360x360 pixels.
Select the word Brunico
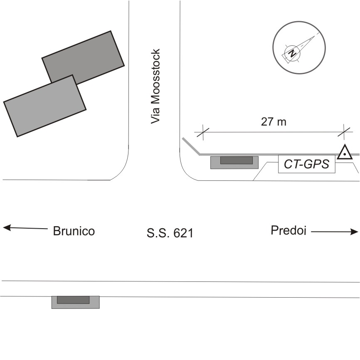pyautogui.click(x=74, y=231)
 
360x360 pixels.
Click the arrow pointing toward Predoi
pyautogui.click(x=335, y=232)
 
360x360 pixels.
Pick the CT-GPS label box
pyautogui.click(x=306, y=164)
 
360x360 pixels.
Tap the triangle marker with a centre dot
pyautogui.click(x=344, y=153)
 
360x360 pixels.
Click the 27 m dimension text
pyautogui.click(x=274, y=122)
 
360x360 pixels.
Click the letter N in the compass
pyautogui.click(x=293, y=53)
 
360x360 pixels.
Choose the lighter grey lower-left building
pyautogui.click(x=44, y=106)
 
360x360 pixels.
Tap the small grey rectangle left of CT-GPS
pyautogui.click(x=234, y=162)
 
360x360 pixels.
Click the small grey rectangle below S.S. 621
pyautogui.click(x=75, y=301)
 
